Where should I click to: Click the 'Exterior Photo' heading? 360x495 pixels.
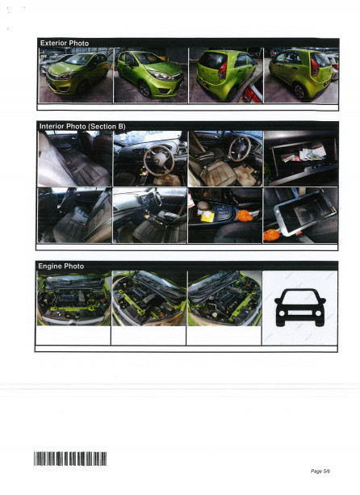click(x=65, y=42)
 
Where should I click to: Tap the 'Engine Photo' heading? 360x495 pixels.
click(x=61, y=266)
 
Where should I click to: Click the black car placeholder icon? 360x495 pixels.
click(x=300, y=308)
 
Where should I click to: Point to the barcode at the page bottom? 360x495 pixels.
click(x=70, y=459)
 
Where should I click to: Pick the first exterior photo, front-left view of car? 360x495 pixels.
click(x=74, y=75)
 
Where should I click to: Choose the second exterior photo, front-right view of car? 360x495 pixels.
click(x=149, y=75)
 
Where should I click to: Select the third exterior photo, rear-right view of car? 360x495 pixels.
click(x=224, y=75)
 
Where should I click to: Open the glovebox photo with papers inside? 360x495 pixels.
click(x=300, y=158)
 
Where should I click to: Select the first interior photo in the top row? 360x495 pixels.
click(x=74, y=158)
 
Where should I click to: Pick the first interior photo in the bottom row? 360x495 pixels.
click(x=74, y=215)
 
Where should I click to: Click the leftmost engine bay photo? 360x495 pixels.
click(x=74, y=298)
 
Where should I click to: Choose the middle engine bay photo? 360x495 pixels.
click(x=149, y=298)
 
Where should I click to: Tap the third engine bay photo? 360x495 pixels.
click(x=224, y=298)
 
